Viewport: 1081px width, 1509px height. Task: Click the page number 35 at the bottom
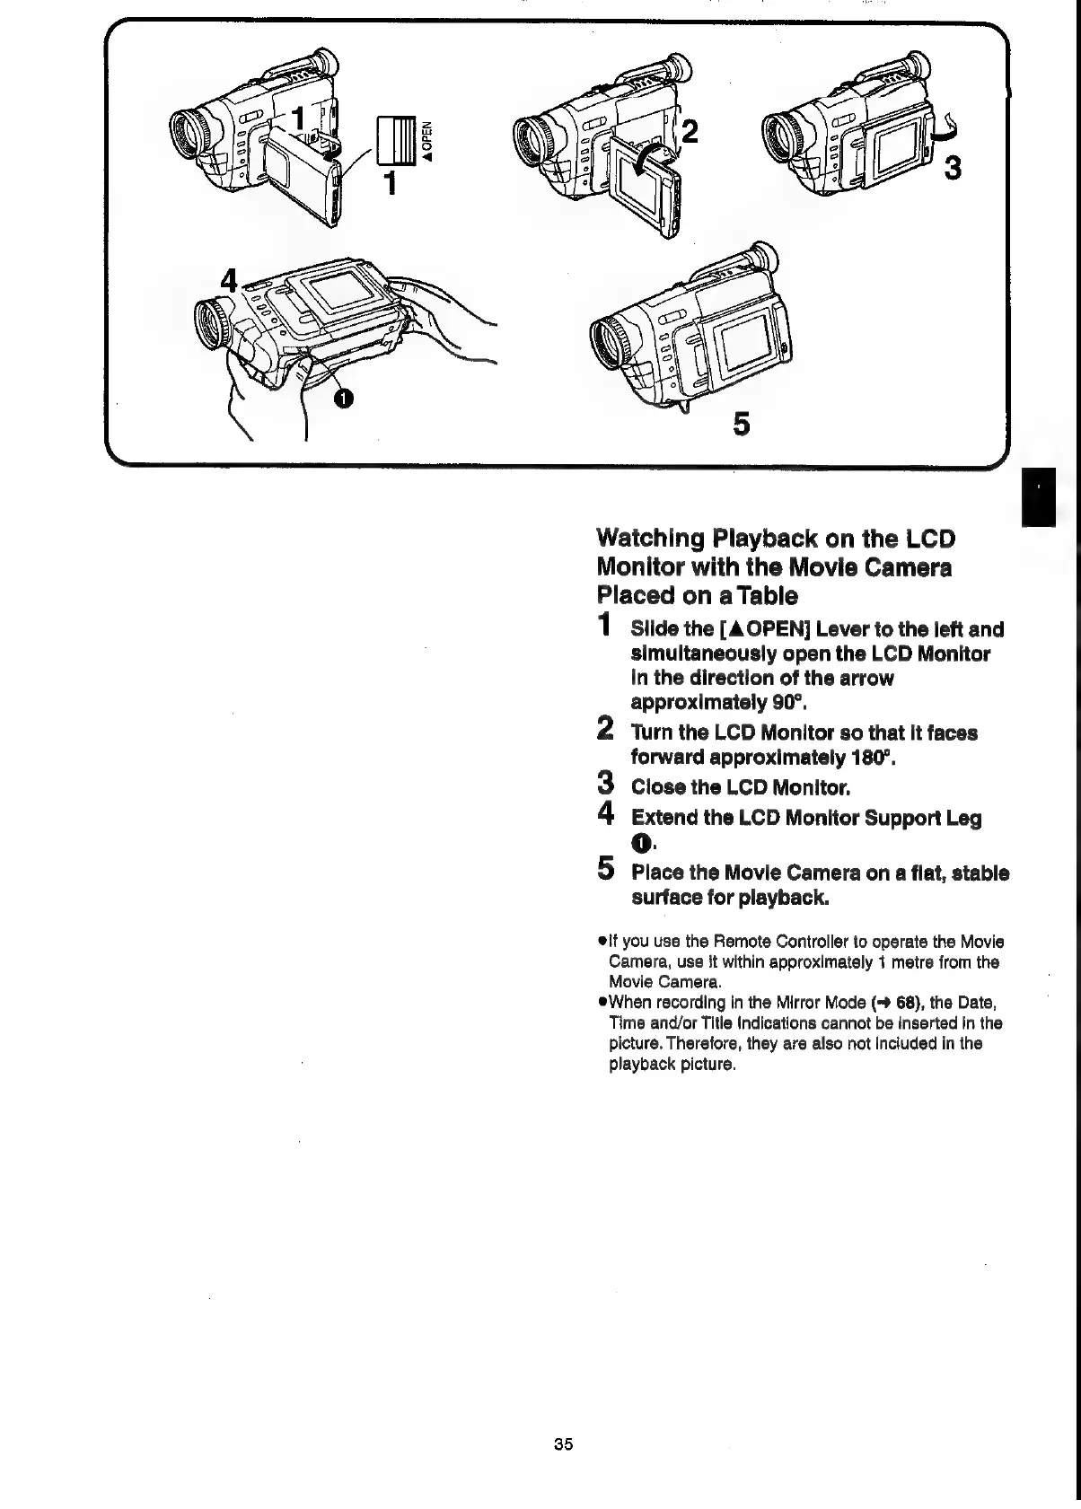point(563,1444)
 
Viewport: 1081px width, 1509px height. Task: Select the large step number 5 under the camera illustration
point(741,424)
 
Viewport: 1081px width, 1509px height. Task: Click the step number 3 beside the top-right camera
point(954,167)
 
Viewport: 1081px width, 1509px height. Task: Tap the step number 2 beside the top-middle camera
point(690,131)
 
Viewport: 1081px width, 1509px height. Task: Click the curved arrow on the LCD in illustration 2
point(650,160)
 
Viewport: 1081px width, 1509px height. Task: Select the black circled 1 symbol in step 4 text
point(639,843)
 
